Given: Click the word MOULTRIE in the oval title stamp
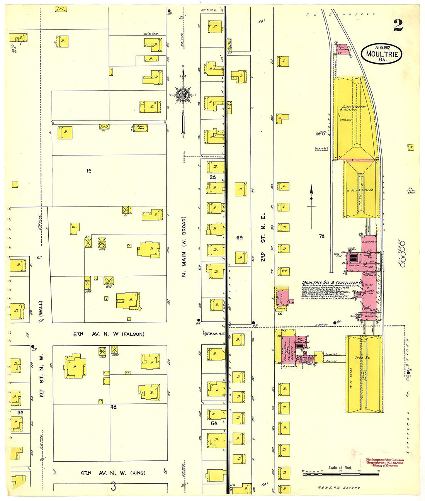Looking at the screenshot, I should pos(381,54).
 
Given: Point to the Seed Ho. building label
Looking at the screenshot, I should pos(362,358).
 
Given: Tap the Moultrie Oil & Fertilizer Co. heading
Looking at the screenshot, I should pos(331,283).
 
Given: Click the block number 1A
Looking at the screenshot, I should pos(89,170).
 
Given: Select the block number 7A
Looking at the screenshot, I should pos(321,236).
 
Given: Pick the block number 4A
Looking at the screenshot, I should pos(113,407).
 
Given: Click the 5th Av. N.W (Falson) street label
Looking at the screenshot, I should pos(109,334).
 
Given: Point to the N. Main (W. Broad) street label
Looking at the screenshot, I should pos(184,246).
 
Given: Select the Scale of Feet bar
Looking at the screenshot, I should pos(340,474).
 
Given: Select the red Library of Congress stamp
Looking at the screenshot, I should pos(384,462).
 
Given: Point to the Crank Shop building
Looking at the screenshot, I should pos(141,127).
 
